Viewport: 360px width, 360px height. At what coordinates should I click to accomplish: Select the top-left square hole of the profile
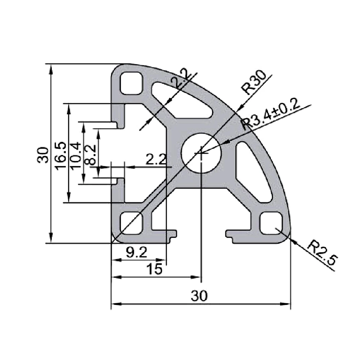(x=130, y=84)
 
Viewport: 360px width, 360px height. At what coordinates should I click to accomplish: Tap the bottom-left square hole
(x=130, y=223)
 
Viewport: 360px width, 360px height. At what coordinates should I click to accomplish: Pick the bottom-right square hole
(x=271, y=223)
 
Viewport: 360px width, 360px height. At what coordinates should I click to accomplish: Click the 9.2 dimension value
(x=136, y=253)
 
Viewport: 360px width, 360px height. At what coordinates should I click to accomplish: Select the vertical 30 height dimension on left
(x=43, y=155)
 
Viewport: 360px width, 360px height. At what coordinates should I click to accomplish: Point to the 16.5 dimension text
(x=60, y=155)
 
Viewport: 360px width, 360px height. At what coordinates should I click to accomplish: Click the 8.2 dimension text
(x=90, y=155)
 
